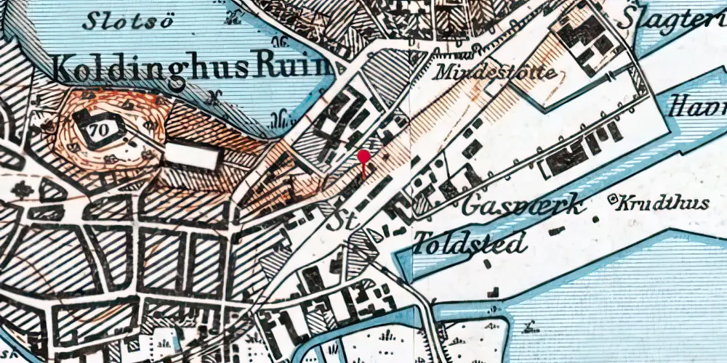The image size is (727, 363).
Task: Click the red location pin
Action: [x=363, y=156]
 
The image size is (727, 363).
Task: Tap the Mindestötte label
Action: [x=497, y=73]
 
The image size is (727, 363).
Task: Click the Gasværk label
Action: [x=523, y=206]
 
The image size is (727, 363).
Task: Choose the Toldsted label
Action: [x=470, y=242]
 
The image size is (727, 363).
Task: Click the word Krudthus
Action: [x=663, y=204]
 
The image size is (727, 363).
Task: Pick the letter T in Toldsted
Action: [x=422, y=242]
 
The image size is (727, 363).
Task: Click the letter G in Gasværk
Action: [x=471, y=207]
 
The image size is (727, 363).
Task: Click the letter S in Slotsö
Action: [x=89, y=20]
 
